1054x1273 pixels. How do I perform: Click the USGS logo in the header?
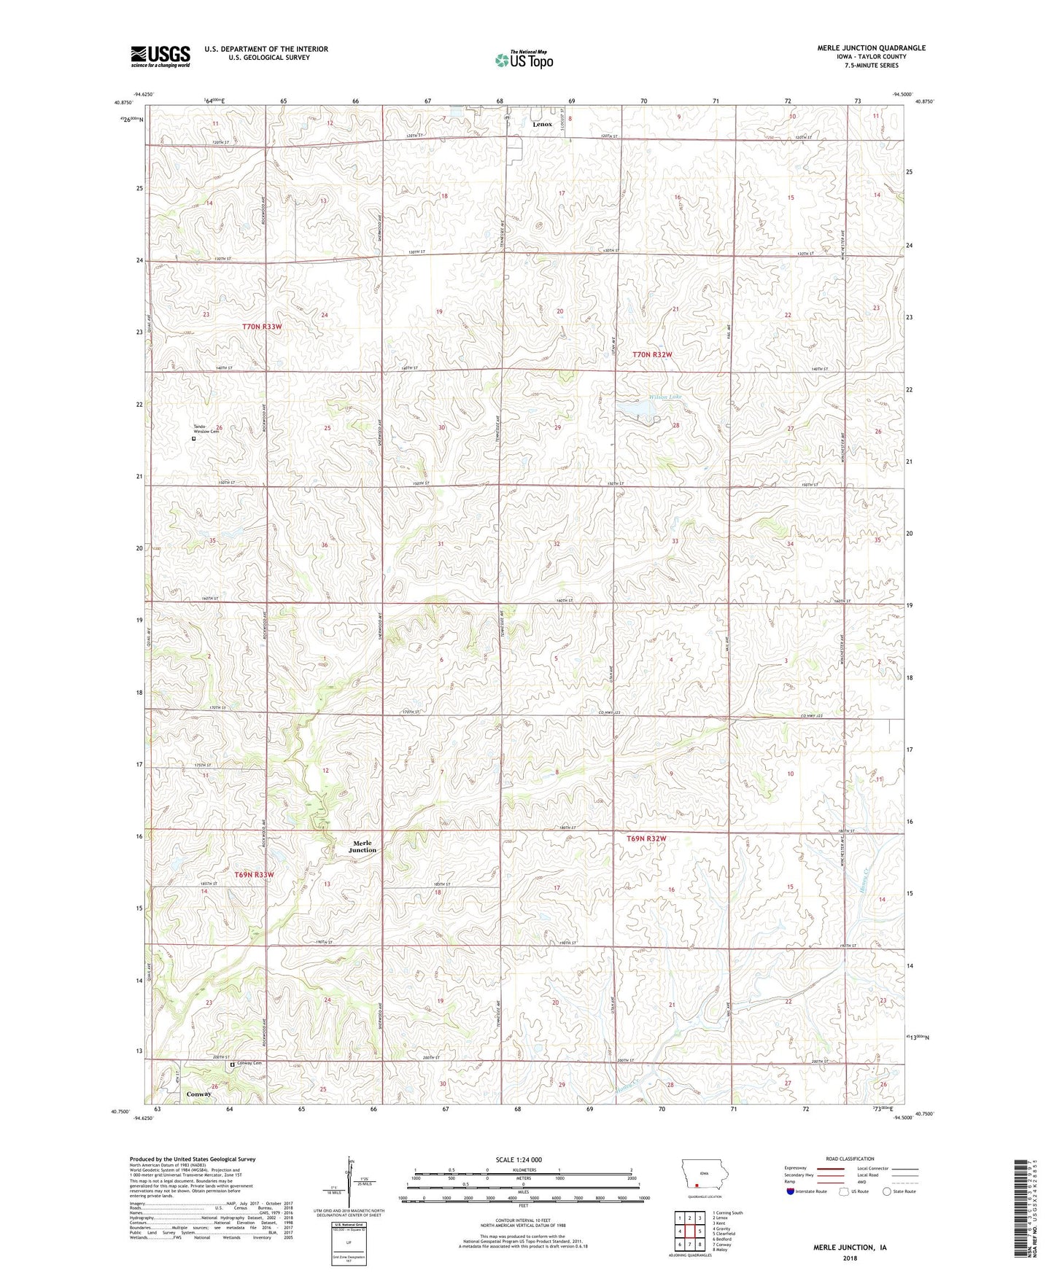(x=160, y=55)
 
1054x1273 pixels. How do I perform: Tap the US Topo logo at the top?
(x=523, y=60)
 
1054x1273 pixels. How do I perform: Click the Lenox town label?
(x=542, y=124)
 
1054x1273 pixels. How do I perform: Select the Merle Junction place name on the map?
(x=363, y=846)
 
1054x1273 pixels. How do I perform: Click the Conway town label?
(x=198, y=1094)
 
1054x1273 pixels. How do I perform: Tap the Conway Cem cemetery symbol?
(x=233, y=1064)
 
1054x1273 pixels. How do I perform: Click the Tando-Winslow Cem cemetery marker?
(x=194, y=439)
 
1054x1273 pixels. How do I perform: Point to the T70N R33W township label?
(x=261, y=327)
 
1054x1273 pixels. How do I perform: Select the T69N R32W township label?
(x=646, y=839)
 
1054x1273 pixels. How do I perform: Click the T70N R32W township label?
(x=652, y=354)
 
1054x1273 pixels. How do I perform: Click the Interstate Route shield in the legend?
(x=791, y=1191)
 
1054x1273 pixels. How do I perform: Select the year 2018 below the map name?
(x=850, y=1258)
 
